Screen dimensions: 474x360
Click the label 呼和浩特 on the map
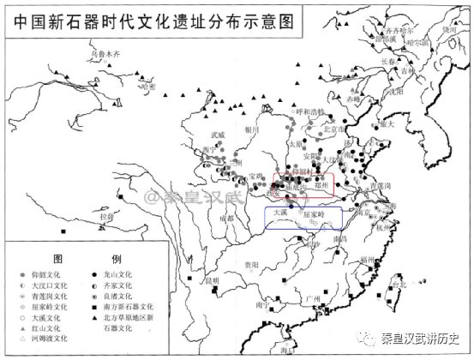click(308, 111)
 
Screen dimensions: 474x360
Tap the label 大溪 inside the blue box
click(279, 211)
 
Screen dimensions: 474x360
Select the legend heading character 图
click(59, 258)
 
